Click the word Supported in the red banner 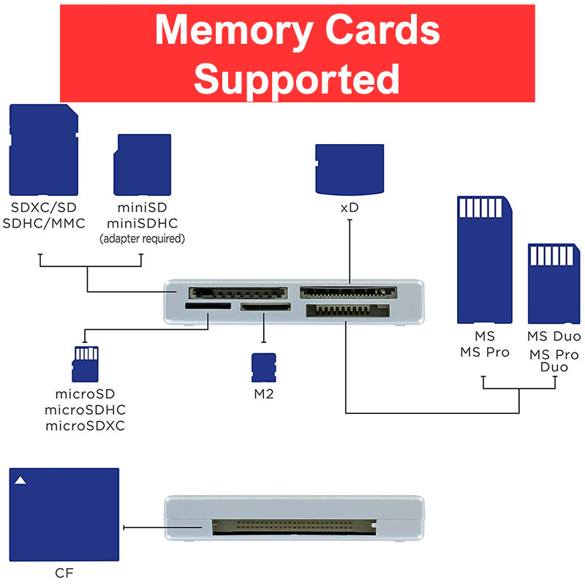coord(297,79)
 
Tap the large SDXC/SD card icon coord(43,149)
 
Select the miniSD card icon coord(142,164)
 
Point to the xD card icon coord(350,168)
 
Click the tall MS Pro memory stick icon coord(484,259)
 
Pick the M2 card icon coord(263,366)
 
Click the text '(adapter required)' coord(142,239)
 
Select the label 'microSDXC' coord(84,426)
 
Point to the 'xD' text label coord(350,208)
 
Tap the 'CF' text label coord(64,573)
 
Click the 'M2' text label coord(263,394)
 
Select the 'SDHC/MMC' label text coord(44,223)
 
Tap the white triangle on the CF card coord(21,480)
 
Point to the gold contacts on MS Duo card coord(554,256)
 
